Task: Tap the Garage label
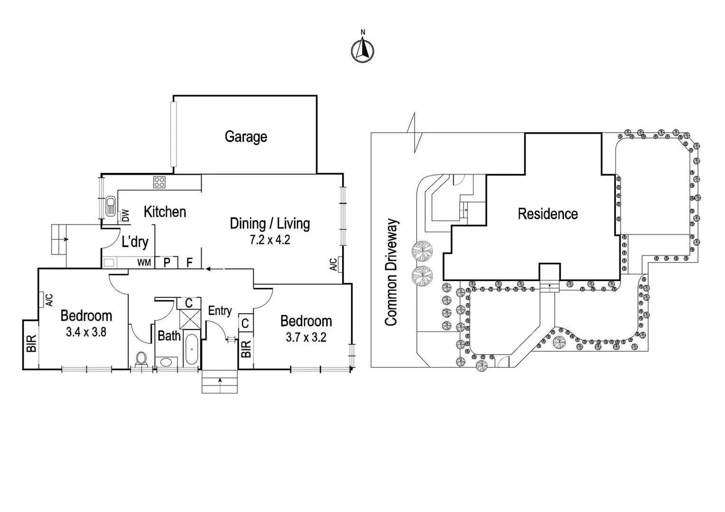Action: tap(246, 137)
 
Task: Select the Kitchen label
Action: tap(165, 211)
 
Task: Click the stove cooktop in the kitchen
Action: tap(159, 182)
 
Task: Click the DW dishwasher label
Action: tap(126, 216)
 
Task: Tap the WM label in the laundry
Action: tap(144, 262)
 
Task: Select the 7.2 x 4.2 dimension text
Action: tap(270, 239)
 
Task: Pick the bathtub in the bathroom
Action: tap(190, 350)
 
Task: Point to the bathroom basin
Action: tap(166, 363)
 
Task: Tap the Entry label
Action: tap(220, 311)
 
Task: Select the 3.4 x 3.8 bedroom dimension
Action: tap(86, 332)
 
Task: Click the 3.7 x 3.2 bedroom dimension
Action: tap(306, 337)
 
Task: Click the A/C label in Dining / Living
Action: tap(334, 264)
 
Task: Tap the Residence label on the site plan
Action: tap(548, 214)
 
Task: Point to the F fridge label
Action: tap(189, 263)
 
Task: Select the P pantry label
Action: tap(167, 263)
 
